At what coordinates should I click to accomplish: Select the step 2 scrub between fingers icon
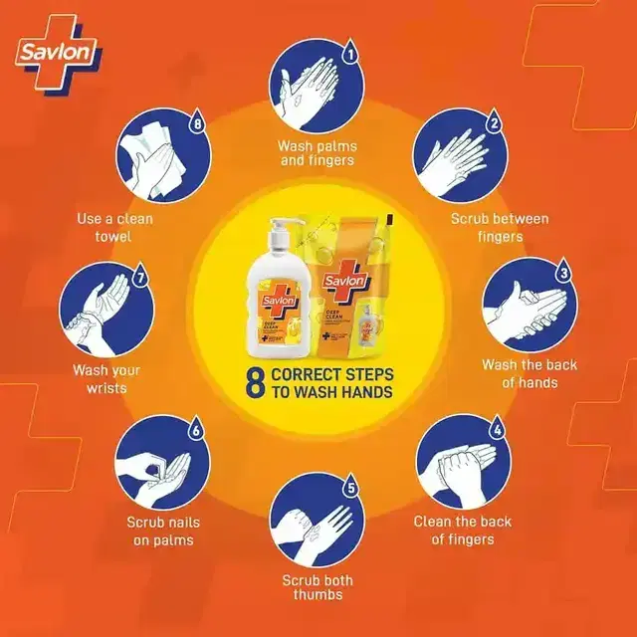click(459, 157)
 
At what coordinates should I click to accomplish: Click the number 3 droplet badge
click(562, 270)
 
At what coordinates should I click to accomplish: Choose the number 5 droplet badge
click(350, 488)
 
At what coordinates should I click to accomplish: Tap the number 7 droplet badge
click(140, 280)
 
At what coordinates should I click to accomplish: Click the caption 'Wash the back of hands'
click(530, 373)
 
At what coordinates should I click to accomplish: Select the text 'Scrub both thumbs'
click(317, 587)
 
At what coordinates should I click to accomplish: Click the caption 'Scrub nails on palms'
click(160, 531)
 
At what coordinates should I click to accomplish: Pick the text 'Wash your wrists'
click(106, 379)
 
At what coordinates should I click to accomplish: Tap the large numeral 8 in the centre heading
click(253, 383)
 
